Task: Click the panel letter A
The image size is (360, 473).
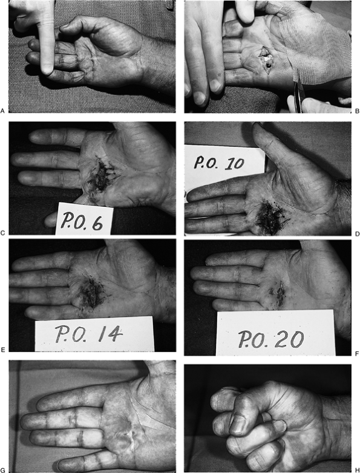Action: pos(2,111)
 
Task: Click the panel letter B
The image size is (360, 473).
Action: pos(358,111)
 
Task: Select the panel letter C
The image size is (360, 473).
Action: pos(2,233)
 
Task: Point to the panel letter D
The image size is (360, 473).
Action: pos(358,233)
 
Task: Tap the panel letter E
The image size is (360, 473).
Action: pos(2,350)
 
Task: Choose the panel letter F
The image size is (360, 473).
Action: pos(358,353)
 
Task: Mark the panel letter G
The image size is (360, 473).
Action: pos(2,471)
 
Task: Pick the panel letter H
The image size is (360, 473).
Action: pos(358,471)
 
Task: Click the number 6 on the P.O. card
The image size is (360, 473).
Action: pos(97,223)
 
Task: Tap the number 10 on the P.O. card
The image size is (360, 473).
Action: pos(233,163)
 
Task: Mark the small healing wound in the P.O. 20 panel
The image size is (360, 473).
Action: pos(279,292)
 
